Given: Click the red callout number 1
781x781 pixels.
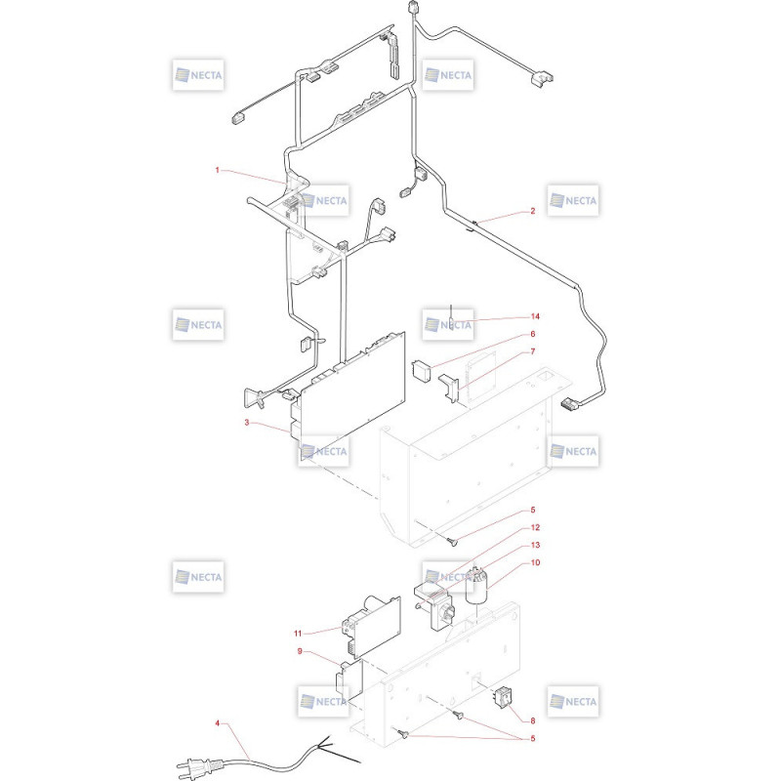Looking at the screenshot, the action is pos(217,170).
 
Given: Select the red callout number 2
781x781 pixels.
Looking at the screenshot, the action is pos(532,211).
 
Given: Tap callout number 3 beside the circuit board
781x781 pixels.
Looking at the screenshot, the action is pos(247,423).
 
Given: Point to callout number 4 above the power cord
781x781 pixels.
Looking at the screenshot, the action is pos(217,722).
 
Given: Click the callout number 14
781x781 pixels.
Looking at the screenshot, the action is pos(535,316).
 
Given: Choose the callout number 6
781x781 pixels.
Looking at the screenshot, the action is pos(532,334).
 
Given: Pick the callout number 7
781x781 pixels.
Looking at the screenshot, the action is pos(532,351).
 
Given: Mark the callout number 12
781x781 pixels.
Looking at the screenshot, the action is pos(535,527).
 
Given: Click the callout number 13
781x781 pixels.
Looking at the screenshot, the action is pos(535,545).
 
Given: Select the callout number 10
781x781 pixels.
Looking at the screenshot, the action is pos(535,562).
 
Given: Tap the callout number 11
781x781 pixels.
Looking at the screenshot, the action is pos(298,634).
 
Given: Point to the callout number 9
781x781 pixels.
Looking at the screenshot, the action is pos(300,651).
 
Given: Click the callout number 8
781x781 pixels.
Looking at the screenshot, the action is pos(532,720).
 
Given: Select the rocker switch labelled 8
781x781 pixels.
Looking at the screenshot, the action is pos(502,696).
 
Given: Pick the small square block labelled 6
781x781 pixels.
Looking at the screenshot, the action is pos(422,371).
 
